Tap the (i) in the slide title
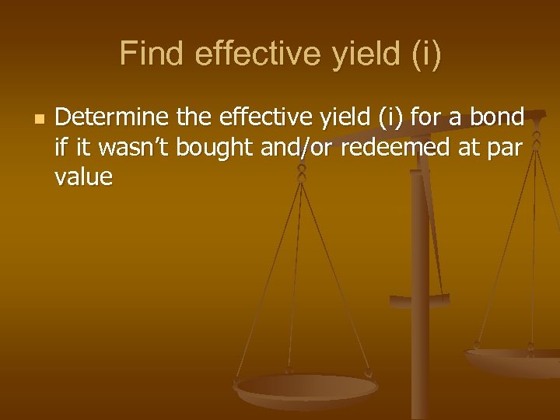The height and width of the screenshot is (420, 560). click(x=422, y=54)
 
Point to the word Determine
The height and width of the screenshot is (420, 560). click(x=112, y=117)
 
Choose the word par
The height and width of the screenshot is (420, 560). click(x=506, y=148)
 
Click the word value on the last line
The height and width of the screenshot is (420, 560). click(x=83, y=177)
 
